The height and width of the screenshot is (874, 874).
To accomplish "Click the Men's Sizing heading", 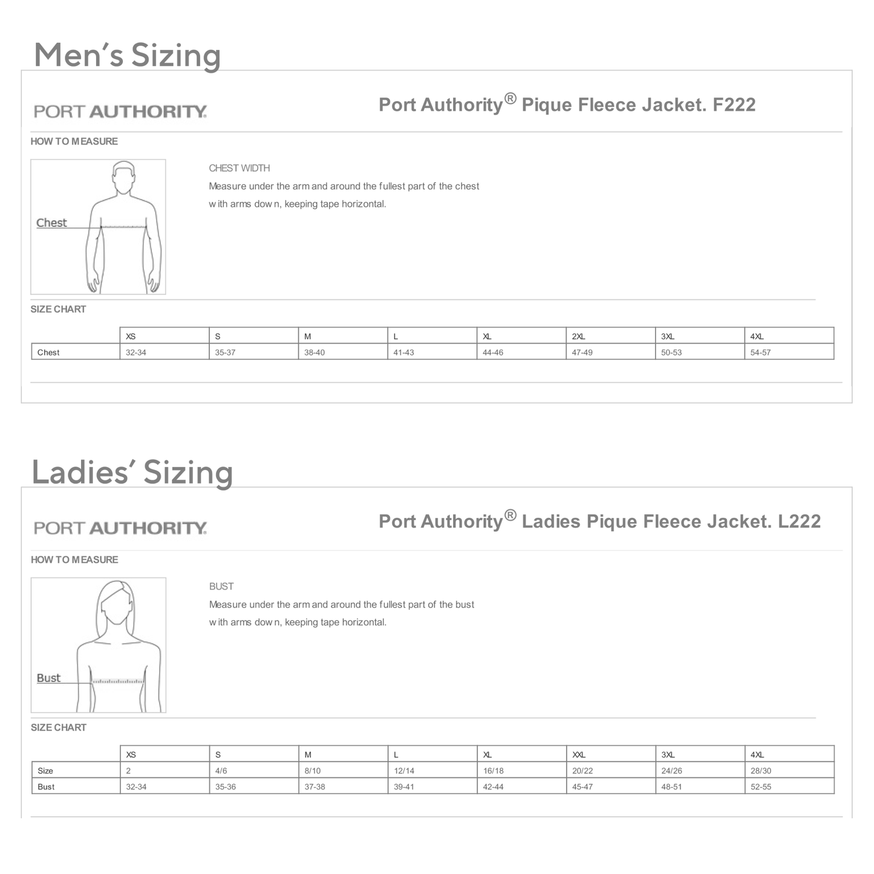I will click(127, 55).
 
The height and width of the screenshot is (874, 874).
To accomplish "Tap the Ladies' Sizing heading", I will click(132, 472).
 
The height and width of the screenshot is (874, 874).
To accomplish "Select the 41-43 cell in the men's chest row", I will click(403, 353).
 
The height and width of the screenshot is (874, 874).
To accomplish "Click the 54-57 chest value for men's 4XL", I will click(760, 353).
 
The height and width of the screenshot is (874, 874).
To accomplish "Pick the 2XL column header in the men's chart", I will click(578, 336).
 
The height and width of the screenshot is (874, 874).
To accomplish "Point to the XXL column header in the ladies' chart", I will click(579, 755).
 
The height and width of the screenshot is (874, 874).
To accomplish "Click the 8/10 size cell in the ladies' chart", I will click(313, 771).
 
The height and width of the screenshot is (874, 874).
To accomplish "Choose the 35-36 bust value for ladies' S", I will click(226, 787).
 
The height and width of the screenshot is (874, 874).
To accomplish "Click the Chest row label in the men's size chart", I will click(48, 353).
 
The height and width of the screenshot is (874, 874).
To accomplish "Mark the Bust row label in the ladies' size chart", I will click(46, 787).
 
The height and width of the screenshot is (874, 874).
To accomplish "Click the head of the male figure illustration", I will click(123, 177).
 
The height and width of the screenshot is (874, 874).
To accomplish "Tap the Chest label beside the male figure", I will click(51, 223).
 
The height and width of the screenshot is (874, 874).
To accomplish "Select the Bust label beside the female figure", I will click(48, 678).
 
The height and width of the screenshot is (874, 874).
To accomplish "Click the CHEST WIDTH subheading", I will click(240, 168).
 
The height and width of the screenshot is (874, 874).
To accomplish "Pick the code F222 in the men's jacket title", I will click(734, 105).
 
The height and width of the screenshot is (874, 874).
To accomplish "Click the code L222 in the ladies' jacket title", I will click(799, 521).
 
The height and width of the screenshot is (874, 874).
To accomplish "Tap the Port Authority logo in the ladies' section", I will click(120, 528).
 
